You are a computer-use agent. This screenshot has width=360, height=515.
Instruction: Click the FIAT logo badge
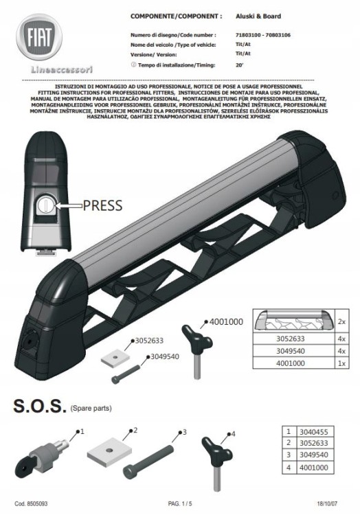(39, 37)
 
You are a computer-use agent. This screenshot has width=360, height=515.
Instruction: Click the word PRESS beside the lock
(102, 205)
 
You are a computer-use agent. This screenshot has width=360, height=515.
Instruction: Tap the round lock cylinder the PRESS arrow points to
(45, 205)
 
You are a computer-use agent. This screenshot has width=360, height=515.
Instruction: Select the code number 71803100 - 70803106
(262, 35)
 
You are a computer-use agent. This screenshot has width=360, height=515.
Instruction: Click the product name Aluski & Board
(258, 16)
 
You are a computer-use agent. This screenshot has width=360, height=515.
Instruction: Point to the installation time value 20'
(240, 65)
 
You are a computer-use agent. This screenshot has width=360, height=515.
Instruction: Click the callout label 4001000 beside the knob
(226, 322)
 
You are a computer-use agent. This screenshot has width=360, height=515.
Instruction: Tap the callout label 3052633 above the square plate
(149, 341)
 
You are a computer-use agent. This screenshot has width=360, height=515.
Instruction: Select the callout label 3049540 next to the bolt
(165, 356)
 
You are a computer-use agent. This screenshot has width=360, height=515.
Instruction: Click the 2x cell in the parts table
(341, 321)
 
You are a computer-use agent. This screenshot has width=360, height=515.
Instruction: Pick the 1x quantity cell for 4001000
(341, 363)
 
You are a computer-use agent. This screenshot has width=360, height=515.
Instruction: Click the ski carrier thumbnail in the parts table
(293, 321)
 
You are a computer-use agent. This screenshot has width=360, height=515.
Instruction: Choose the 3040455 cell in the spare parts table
(314, 432)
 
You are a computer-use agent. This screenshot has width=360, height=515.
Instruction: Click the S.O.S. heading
(38, 406)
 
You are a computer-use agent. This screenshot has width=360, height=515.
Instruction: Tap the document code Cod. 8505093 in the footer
(31, 503)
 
